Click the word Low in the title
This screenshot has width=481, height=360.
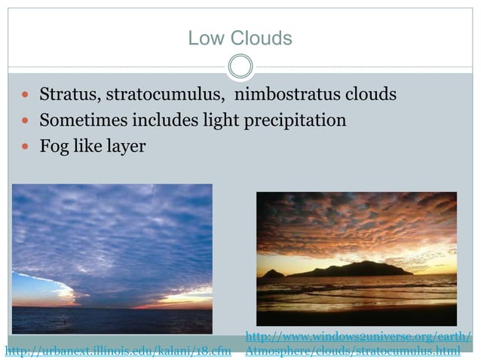coord(203,38)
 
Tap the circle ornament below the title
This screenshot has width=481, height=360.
coord(240,66)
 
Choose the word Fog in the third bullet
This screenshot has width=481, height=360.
coord(54,145)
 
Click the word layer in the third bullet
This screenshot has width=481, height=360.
coord(124,146)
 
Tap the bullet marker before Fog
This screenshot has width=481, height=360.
coord(26,146)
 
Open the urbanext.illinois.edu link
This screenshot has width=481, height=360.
coord(118,350)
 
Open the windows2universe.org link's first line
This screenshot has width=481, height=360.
coord(358,336)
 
